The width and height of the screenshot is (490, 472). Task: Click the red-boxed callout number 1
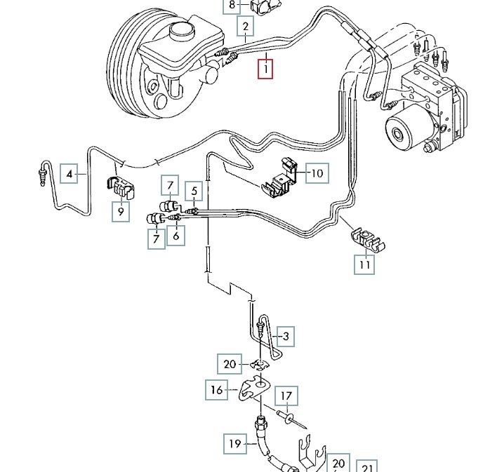point(265,70)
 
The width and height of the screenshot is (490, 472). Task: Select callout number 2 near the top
point(246,27)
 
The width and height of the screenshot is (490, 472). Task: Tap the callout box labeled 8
point(232,6)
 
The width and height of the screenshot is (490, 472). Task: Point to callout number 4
point(69,173)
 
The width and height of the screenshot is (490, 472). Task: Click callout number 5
point(194,189)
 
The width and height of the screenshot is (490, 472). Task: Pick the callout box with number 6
point(176,237)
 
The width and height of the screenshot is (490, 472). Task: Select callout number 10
point(317,173)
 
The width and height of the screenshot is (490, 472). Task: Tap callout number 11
point(364,264)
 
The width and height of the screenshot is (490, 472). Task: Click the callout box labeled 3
point(284,337)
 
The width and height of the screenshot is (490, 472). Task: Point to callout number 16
point(217,389)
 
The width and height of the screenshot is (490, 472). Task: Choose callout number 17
point(286,397)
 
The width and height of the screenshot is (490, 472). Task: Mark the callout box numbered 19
point(234,443)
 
